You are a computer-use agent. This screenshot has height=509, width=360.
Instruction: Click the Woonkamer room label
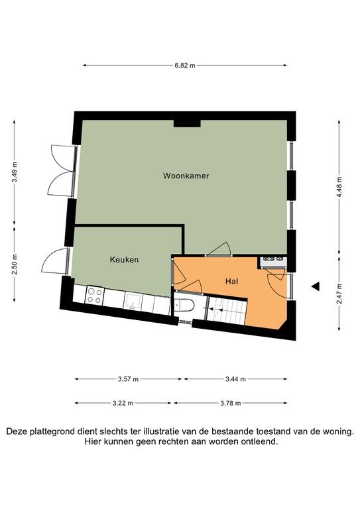(x=186, y=176)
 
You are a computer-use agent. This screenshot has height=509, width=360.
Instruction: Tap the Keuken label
(x=125, y=260)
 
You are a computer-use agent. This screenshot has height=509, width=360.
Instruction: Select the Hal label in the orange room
(x=232, y=281)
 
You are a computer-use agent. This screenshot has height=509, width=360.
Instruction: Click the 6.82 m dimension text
(x=185, y=66)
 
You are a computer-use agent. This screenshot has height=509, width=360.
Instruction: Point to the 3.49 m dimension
(x=15, y=172)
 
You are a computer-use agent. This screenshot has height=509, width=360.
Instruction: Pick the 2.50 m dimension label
(x=15, y=264)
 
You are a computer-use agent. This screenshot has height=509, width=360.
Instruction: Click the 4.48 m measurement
(x=339, y=188)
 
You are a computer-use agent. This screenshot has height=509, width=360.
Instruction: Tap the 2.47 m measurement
(x=339, y=294)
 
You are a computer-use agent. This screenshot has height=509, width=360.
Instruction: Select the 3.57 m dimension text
(x=128, y=379)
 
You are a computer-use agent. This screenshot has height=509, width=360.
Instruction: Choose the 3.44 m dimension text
(x=235, y=379)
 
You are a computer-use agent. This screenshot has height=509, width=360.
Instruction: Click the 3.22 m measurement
(x=123, y=403)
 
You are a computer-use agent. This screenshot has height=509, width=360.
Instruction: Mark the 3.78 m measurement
(x=231, y=403)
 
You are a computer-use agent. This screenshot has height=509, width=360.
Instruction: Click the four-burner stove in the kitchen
(x=94, y=296)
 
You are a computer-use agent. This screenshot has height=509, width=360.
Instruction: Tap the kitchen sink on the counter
(x=133, y=302)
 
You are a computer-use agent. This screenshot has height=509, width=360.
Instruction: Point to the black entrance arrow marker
(x=316, y=286)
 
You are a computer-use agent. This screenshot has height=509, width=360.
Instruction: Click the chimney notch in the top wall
(x=187, y=123)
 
